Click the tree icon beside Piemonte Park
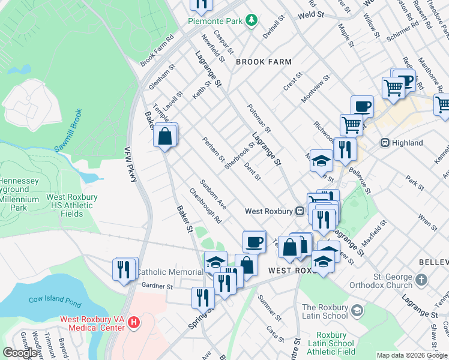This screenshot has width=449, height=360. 252,21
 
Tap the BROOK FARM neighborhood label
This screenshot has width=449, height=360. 264,62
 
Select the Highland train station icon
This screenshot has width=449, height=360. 386,143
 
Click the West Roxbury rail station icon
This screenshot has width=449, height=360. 299,211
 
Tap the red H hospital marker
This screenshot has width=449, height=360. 134,322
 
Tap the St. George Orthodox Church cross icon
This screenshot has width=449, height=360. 421,280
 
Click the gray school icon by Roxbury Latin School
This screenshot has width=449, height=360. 357,310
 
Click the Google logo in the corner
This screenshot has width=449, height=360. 20,353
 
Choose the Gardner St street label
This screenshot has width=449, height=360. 157,287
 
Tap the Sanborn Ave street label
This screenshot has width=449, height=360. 212,191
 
